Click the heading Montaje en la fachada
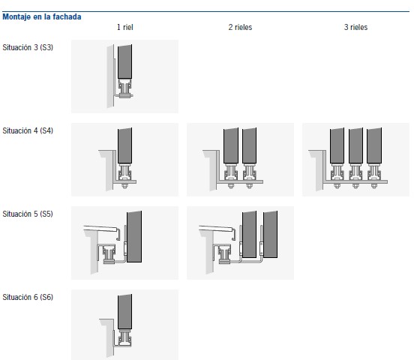tap(42, 17)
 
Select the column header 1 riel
tap(125, 27)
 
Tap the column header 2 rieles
tap(240, 27)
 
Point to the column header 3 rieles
tap(355, 27)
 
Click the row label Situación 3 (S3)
tap(28, 47)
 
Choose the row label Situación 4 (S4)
tap(28, 130)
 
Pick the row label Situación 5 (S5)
tap(28, 214)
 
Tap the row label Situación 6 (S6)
tap(28, 297)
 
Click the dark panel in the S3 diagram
tap(124, 61)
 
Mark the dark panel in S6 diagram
tap(124, 312)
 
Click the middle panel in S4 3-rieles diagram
tap(355, 145)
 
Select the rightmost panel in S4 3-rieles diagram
tap(374, 145)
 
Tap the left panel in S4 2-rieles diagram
tap(231, 145)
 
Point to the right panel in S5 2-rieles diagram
tap(270, 234)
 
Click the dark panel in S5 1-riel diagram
tap(134, 237)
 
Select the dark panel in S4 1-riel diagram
tap(124, 145)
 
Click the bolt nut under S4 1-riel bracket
tap(124, 186)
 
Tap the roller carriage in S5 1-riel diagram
tap(109, 254)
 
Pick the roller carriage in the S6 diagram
tap(124, 337)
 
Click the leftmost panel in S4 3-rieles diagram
tap(337, 145)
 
